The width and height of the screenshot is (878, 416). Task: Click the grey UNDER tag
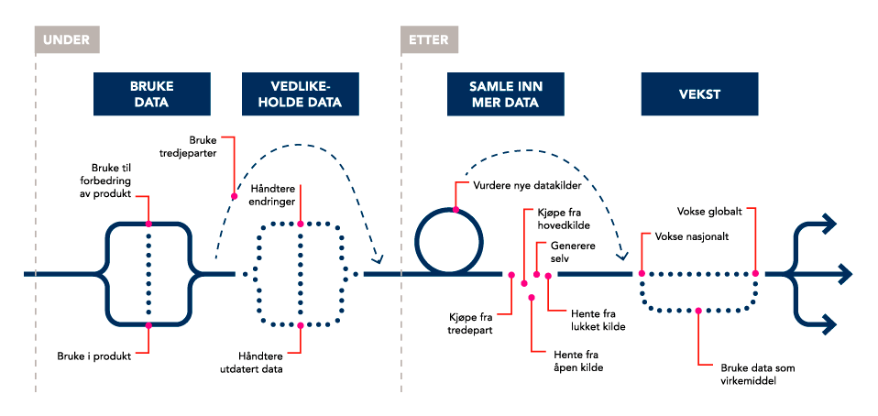point(67,40)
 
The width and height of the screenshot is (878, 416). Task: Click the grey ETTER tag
point(431,40)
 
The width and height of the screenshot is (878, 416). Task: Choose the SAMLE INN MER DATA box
point(494,94)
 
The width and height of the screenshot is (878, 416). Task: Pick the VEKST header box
point(699,94)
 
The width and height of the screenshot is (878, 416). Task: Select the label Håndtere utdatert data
point(260,362)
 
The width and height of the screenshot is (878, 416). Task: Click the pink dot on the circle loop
point(455,210)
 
